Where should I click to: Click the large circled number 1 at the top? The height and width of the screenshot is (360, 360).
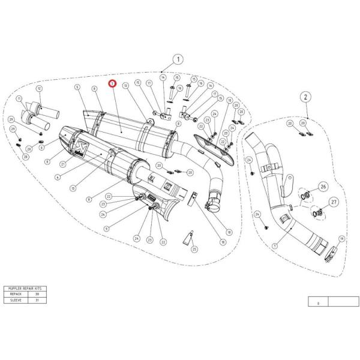coord(178,60)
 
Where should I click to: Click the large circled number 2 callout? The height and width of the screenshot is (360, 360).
coord(305,97)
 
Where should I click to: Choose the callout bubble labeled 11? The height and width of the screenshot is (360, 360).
coord(20,98)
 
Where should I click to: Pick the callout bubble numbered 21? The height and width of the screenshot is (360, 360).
coord(62,164)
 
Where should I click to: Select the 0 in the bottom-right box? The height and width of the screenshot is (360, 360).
coord(319,303)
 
